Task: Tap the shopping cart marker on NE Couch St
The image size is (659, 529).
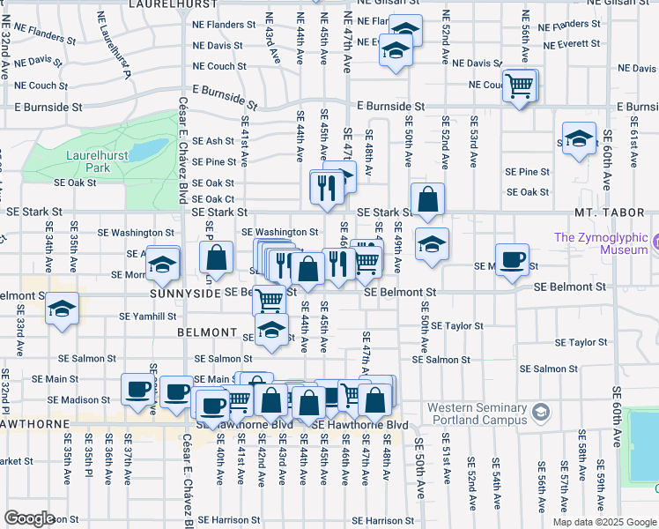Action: (520, 86)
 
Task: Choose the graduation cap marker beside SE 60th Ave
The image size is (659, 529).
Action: (579, 139)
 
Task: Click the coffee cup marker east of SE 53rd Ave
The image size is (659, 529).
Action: (511, 259)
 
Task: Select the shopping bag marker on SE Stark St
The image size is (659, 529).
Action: (427, 199)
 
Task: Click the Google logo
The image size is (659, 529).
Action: (29, 518)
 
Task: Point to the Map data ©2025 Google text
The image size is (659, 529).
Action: (604, 522)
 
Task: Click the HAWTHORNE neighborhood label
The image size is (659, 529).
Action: (35, 424)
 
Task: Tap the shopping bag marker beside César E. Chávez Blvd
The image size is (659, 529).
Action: (216, 259)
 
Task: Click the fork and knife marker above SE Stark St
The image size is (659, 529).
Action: (324, 187)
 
